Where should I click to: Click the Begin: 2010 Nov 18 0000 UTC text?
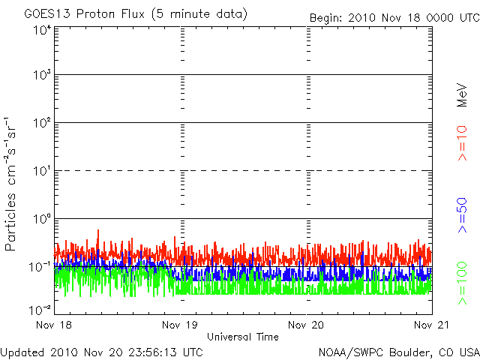click(394, 18)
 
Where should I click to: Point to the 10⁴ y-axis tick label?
click(42, 30)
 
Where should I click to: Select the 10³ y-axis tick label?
click(42, 75)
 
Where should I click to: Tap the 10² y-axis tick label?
click(42, 123)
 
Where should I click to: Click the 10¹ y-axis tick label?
click(42, 171)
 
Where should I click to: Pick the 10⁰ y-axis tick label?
click(42, 219)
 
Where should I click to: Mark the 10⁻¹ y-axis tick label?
click(40, 267)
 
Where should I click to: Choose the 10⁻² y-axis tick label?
click(40, 310)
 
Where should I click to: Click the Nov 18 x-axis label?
click(54, 325)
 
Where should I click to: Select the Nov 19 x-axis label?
click(180, 325)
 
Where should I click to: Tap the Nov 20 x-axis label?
click(306, 325)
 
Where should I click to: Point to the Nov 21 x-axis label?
click(432, 325)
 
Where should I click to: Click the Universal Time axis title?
click(243, 337)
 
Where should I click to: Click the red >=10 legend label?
click(462, 143)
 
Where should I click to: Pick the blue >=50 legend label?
click(462, 215)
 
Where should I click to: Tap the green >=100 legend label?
click(462, 283)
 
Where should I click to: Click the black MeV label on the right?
click(462, 95)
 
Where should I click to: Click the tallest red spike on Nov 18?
click(98, 230)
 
